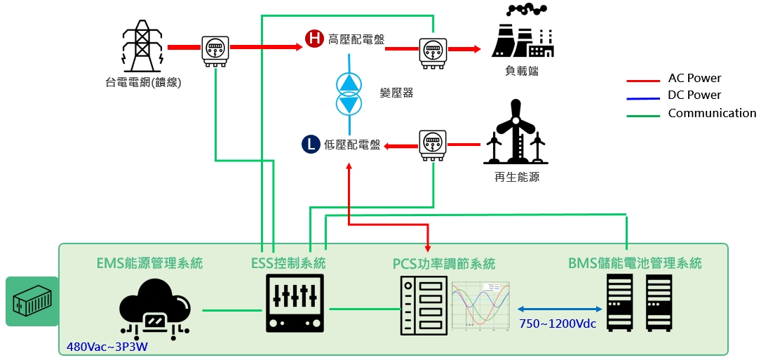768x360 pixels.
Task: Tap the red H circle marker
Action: click(x=314, y=39)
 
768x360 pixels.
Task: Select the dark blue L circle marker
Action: click(x=309, y=145)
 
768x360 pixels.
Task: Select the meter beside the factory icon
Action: click(x=433, y=53)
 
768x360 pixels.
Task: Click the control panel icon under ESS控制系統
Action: click(x=295, y=303)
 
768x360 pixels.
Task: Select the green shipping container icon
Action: click(x=32, y=301)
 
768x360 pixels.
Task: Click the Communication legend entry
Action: click(x=712, y=113)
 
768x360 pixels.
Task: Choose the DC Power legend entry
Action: click(x=694, y=95)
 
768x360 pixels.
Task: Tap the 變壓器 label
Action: click(x=396, y=93)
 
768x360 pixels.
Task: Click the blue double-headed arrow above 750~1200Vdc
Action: click(x=560, y=309)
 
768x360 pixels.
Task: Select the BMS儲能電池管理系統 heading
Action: click(x=635, y=264)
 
